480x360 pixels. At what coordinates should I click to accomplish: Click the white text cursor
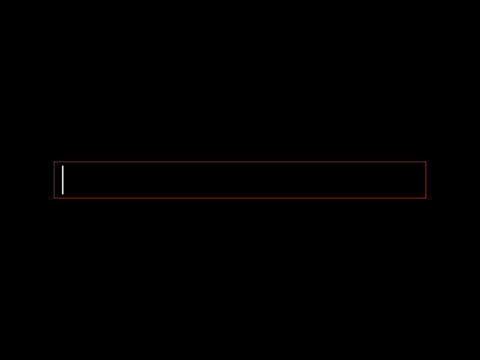tap(62, 180)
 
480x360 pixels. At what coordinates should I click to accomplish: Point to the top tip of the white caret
tap(62, 166)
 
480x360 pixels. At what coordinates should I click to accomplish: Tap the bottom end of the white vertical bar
tap(62, 193)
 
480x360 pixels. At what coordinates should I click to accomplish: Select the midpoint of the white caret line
tap(62, 180)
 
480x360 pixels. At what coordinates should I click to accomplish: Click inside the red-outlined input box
tap(240, 180)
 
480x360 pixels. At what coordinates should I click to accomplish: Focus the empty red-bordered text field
tap(240, 180)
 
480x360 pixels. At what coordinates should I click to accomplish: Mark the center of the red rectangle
tap(240, 180)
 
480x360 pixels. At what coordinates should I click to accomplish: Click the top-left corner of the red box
tap(54, 162)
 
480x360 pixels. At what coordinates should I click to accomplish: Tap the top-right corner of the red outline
tap(426, 162)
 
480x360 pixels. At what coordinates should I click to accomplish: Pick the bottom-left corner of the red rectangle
tap(54, 198)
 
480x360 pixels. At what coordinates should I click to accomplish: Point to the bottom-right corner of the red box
tap(426, 198)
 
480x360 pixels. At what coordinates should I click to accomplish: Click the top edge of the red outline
tap(240, 162)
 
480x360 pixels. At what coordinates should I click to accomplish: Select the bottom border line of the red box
tap(240, 198)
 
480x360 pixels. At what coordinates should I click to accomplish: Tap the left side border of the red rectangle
tap(54, 180)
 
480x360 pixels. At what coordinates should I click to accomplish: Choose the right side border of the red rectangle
tap(426, 180)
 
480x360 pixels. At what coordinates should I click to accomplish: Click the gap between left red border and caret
tap(58, 180)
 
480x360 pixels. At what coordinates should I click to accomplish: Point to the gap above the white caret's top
tap(62, 164)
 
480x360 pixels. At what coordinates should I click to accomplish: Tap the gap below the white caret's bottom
tap(62, 195)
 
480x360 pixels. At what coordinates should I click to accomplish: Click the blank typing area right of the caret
tap(244, 180)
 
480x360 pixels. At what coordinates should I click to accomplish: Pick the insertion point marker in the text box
tap(62, 180)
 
